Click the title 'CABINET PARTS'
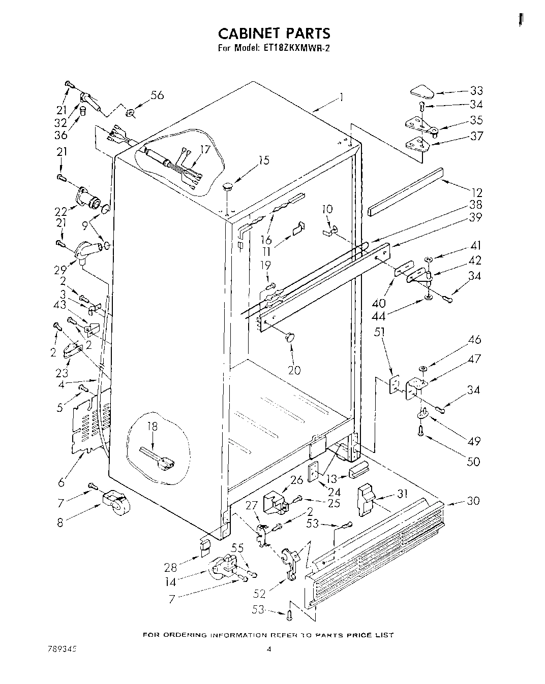coord(274,34)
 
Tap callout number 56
coord(157,95)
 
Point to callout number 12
coord(476,192)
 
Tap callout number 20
coord(294,370)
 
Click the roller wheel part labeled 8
coord(114,503)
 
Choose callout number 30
coord(473,501)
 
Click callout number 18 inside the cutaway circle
coord(153,427)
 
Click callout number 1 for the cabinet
coord(341,96)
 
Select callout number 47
coord(474,359)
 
